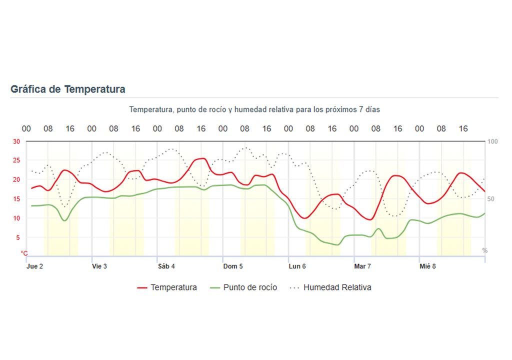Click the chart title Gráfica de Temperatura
(68, 89)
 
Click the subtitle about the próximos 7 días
(254, 109)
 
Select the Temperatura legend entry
(167, 287)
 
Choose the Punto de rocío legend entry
(243, 287)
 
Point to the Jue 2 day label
(34, 266)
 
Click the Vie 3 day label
(99, 266)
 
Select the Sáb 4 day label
(166, 266)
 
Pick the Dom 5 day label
(233, 266)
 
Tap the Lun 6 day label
(297, 266)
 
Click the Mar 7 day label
(362, 266)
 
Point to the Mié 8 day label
(427, 266)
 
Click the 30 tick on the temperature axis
(16, 141)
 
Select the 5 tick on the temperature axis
(18, 237)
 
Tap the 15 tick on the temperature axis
(16, 199)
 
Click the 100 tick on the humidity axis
(492, 141)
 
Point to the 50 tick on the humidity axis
(491, 199)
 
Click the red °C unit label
(23, 253)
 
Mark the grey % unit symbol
(484, 250)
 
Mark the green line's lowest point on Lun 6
(337, 245)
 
